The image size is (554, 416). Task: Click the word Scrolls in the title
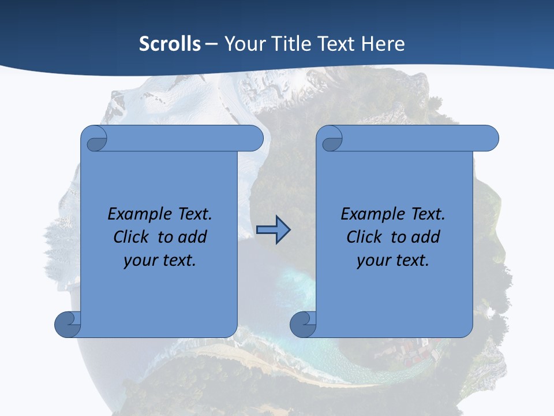pos(170,44)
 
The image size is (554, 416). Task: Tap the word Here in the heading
pos(383,44)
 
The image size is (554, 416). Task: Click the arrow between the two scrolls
pos(273,230)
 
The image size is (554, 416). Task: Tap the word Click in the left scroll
pos(133,237)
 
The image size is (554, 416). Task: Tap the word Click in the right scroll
pos(365,237)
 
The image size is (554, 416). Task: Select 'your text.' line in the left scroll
pos(160,260)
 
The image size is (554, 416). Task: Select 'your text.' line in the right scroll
pos(393,260)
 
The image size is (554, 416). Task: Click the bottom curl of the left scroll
pos(68,324)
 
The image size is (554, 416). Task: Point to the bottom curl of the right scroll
pos(303,324)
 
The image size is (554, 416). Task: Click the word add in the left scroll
pos(193,237)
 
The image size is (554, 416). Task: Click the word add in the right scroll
pos(426,237)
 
